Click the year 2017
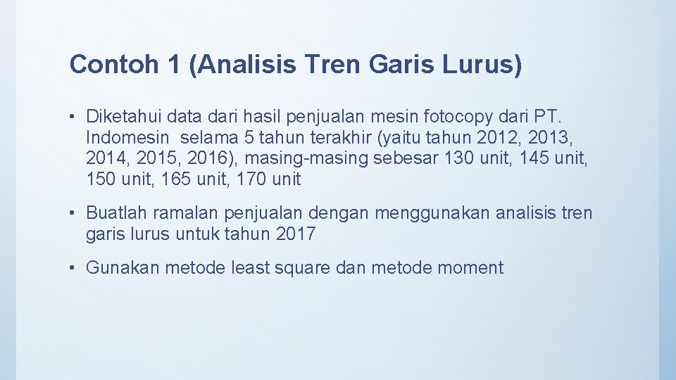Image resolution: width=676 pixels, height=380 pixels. pyautogui.click(x=296, y=234)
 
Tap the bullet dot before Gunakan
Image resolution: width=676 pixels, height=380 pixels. pyautogui.click(x=74, y=267)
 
